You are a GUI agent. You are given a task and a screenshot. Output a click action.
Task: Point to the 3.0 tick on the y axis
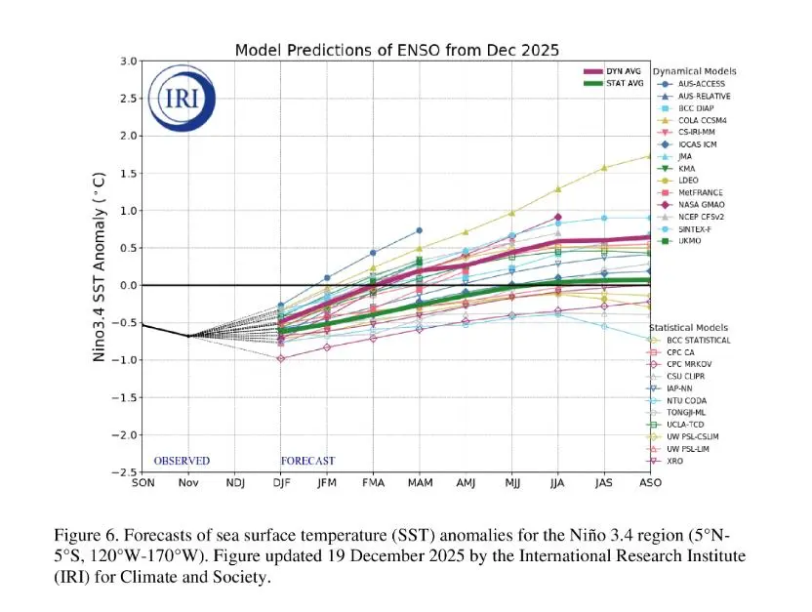point(128,61)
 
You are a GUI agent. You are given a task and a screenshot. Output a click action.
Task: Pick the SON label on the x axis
point(142,483)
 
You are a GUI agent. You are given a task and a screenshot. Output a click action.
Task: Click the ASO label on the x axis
point(650,483)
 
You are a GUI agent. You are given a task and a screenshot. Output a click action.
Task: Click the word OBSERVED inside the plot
point(182,461)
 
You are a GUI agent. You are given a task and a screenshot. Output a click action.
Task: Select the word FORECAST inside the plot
point(308,461)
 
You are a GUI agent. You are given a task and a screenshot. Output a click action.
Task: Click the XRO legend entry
point(681,460)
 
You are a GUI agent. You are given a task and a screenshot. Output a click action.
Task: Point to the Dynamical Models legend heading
point(694,71)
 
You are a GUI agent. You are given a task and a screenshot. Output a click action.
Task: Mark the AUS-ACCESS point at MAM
point(419,230)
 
